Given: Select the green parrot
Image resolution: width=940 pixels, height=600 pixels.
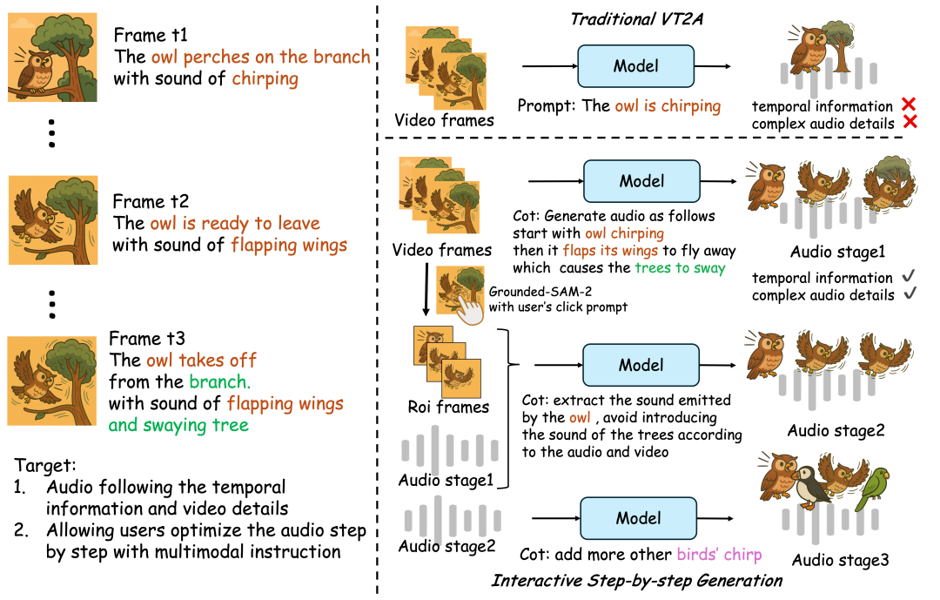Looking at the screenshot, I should [872, 489].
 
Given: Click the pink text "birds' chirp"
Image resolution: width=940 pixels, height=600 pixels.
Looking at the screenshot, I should [719, 555].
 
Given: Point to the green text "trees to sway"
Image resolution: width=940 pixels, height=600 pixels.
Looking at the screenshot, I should [680, 268].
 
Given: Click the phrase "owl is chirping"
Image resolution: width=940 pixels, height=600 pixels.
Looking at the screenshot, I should [668, 106].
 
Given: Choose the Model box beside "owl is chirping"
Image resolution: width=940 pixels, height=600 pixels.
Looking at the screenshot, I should [636, 66].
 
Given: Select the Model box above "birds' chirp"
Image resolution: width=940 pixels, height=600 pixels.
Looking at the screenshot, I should [639, 518].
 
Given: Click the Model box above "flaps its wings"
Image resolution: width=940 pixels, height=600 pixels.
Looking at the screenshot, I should [641, 181].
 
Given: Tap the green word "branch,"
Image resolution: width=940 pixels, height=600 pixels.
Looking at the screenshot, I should [219, 381].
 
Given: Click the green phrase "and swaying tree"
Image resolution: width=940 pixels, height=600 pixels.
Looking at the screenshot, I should [178, 425].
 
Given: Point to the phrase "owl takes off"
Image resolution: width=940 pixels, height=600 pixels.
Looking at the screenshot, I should [201, 361].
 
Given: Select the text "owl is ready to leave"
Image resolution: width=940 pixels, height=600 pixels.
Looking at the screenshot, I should [235, 224].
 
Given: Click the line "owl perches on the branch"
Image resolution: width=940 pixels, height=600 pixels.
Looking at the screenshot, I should [260, 57].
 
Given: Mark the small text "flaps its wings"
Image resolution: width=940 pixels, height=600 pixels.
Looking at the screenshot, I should [610, 251].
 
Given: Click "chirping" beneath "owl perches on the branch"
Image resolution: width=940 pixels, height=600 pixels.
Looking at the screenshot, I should [265, 79].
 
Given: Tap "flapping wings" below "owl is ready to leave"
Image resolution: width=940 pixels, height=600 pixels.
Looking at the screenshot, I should [289, 246].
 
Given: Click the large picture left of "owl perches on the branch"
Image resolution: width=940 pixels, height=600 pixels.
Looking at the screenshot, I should [52, 57].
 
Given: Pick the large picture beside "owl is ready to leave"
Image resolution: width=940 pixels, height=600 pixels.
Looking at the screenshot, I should [52, 220].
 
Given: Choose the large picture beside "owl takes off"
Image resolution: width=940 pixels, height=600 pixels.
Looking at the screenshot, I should [52, 381].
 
